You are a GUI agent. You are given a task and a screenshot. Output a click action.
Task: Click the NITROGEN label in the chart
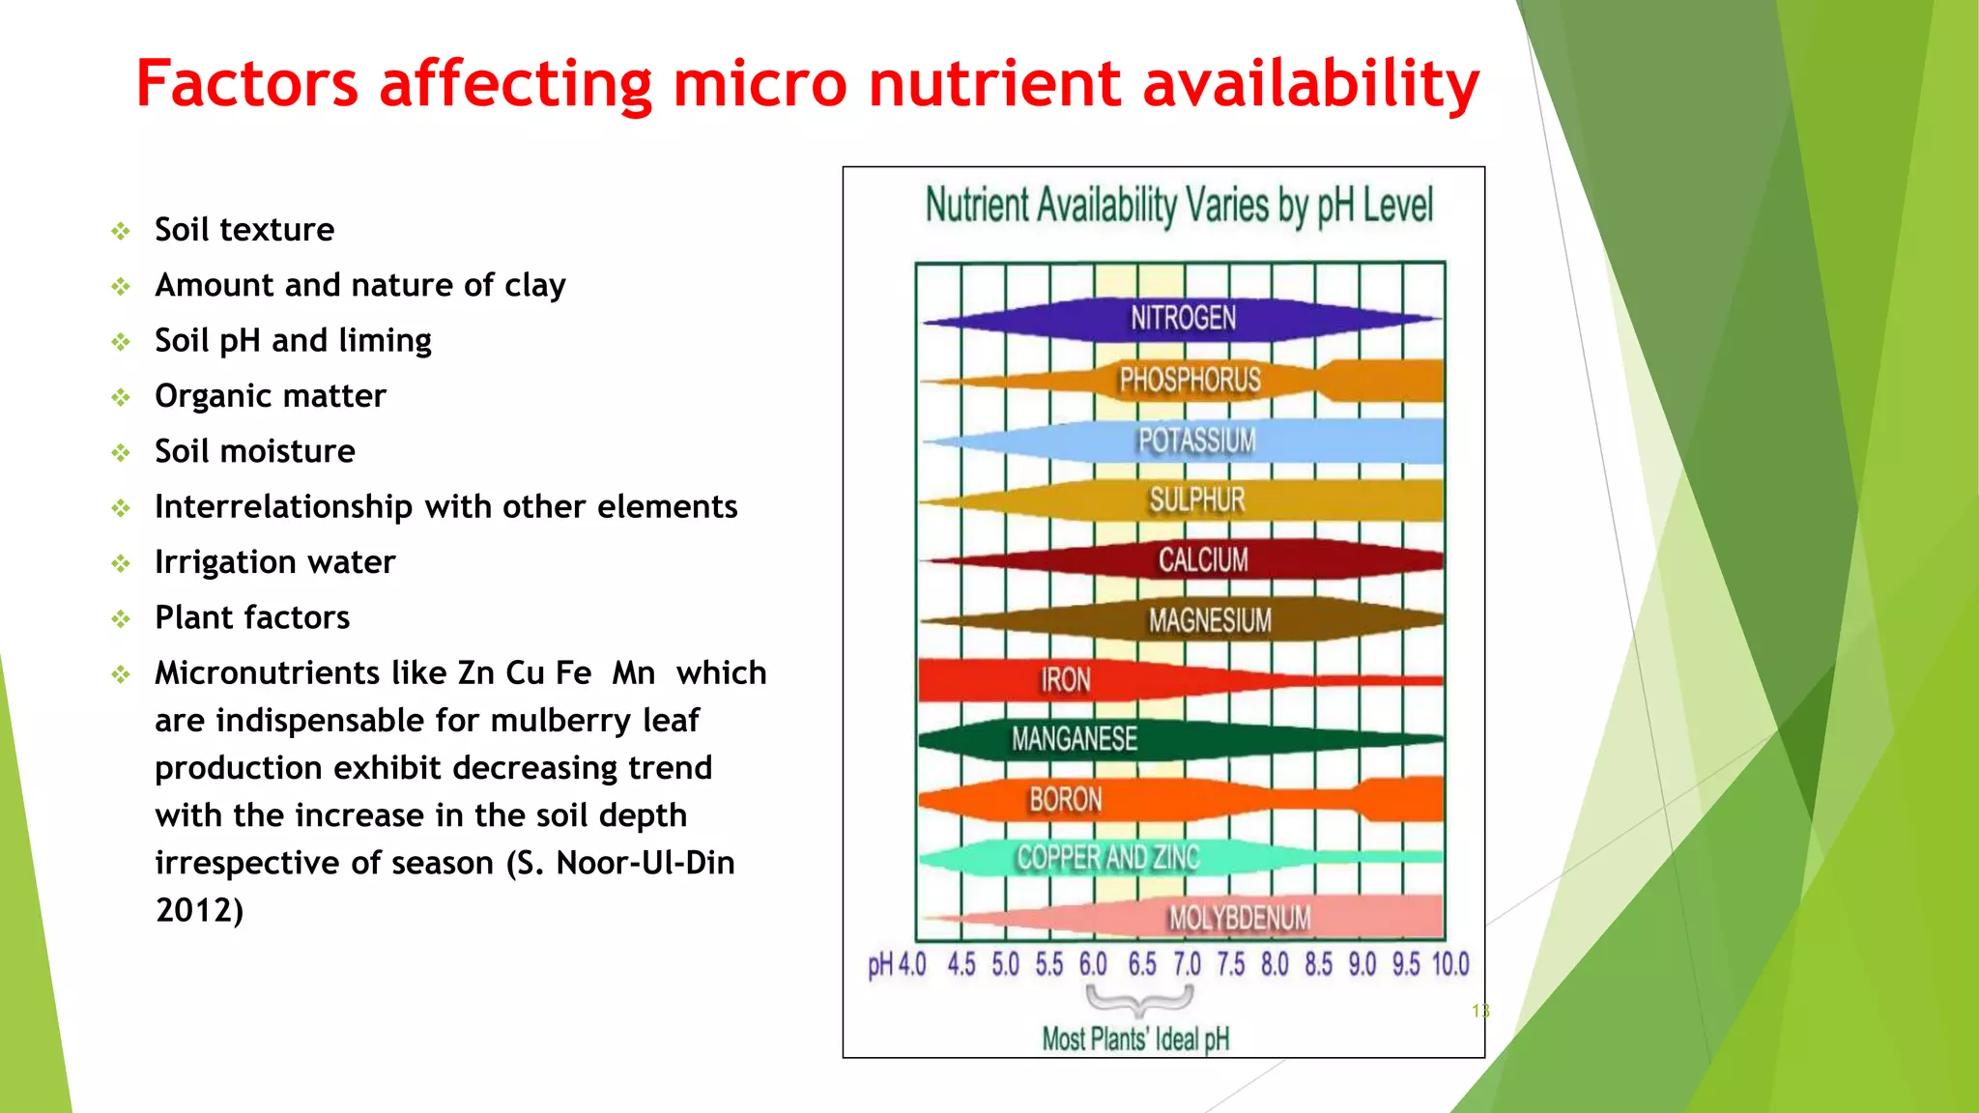tap(1183, 318)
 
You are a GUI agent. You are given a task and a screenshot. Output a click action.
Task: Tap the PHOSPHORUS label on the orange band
tap(1190, 380)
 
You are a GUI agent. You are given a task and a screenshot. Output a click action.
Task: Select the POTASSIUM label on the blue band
tap(1196, 441)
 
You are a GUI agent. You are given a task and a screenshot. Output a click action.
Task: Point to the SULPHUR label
tap(1196, 499)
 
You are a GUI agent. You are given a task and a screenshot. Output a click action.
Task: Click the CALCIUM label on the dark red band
tap(1203, 559)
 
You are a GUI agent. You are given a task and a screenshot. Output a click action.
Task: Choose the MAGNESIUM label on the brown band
tap(1210, 620)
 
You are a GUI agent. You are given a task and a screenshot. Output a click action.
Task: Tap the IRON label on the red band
tap(1065, 680)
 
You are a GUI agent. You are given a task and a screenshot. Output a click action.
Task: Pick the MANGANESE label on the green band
tap(1074, 739)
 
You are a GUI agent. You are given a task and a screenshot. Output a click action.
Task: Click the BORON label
tap(1065, 800)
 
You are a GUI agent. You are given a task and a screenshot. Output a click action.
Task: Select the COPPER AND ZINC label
tap(1107, 858)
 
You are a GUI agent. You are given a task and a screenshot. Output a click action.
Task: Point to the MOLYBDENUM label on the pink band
tap(1239, 918)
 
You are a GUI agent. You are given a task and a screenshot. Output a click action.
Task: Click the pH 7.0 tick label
tap(1187, 964)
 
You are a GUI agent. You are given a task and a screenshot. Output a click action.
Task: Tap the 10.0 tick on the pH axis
tap(1449, 964)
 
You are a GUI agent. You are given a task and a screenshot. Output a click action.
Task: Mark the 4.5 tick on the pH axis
tap(961, 964)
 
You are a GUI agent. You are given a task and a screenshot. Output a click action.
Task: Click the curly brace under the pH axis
tap(1139, 1000)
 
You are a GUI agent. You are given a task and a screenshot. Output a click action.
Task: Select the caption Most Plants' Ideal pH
tap(1135, 1040)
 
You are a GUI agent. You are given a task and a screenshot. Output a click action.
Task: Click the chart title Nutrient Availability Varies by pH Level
tap(1179, 206)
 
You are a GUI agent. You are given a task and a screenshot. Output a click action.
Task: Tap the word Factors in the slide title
tap(246, 84)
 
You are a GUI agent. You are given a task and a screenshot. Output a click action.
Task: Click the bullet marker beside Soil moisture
tap(121, 452)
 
